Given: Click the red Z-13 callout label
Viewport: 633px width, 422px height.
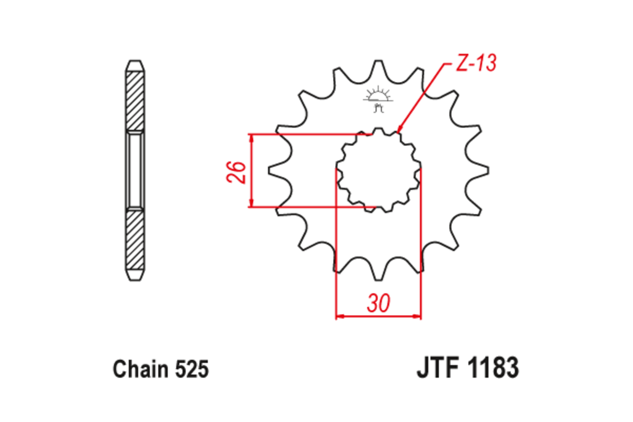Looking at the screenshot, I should coord(475,64).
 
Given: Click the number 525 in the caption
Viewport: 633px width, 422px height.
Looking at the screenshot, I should coord(190,369).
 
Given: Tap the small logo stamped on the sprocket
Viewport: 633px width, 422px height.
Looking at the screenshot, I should coord(377,100).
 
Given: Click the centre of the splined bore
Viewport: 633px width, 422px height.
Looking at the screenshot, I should coord(379,170).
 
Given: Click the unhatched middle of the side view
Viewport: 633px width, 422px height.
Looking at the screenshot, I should coord(135,170).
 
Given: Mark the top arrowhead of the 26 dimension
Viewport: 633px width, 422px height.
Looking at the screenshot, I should coord(252,137).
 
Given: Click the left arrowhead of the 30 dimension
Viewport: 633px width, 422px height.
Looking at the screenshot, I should coord(339,316).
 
